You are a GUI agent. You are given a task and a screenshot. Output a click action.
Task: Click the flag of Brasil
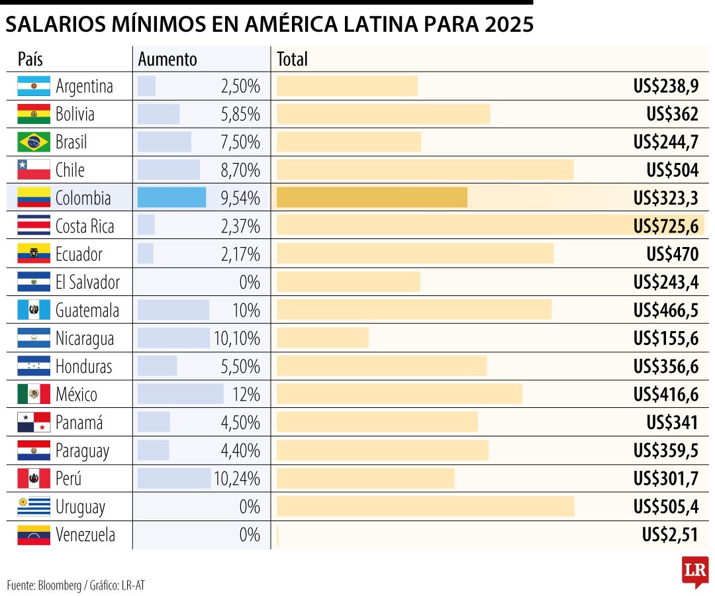pos(34,142)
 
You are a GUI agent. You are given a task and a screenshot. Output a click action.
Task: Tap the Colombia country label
pos(83,198)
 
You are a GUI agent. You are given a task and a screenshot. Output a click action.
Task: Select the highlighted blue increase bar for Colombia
pos(171,197)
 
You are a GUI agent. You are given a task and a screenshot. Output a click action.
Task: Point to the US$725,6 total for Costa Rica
pos(665,226)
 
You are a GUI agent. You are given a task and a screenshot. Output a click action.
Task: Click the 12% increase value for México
pos(246,395)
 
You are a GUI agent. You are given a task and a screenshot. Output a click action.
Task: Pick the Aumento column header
pos(167,59)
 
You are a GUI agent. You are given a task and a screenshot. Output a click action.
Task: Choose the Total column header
pos(292,59)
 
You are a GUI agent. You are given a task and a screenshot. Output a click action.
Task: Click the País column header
pos(30,59)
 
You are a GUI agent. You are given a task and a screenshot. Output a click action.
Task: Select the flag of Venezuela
pos(34,535)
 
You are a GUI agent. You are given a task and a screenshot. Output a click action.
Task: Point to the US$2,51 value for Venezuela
pos(670,535)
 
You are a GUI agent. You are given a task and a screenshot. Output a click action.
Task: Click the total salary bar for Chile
pos(424,170)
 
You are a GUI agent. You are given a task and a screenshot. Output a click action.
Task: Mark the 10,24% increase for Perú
pos(236,479)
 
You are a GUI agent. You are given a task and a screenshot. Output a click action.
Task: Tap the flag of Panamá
pos(34,422)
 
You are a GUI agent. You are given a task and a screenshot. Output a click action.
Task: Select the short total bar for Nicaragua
pos(322,338)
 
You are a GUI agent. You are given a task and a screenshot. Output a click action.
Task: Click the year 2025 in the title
pos(508,25)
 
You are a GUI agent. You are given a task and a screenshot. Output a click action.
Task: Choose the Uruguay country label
pos(80,507)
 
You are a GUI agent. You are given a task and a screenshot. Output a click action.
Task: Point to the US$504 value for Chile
pos(672,170)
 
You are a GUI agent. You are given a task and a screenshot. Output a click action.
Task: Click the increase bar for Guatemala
pos(173,310)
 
